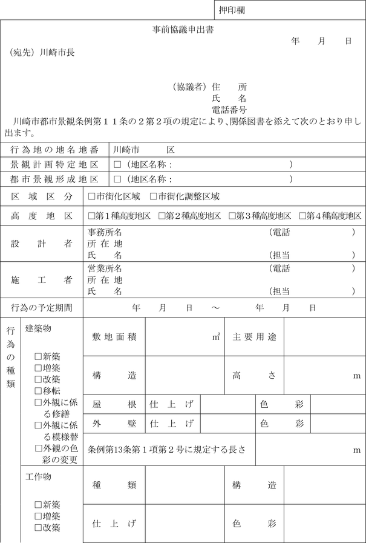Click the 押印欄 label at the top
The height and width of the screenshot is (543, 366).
tap(232, 10)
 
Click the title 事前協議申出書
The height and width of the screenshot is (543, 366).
tap(182, 29)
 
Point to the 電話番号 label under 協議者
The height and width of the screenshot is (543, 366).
tap(229, 109)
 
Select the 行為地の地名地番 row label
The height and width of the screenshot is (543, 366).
tap(54, 149)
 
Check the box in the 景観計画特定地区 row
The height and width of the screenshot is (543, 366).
tap(117, 164)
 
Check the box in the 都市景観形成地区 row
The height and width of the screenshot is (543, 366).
tap(117, 179)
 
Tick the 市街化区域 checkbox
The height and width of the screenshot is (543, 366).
tap(91, 196)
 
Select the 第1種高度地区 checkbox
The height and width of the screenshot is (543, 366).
tap(91, 216)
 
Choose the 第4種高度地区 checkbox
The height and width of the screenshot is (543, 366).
tap(302, 216)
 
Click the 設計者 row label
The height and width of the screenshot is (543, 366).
tap(42, 244)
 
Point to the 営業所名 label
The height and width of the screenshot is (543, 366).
tap(105, 268)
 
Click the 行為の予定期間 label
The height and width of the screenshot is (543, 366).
tap(42, 308)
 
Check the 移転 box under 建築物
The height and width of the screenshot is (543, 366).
tap(38, 391)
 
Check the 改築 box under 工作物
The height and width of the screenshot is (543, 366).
tap(38, 528)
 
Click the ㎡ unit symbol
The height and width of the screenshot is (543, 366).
tap(216, 337)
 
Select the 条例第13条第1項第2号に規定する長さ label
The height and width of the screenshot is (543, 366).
tap(167, 450)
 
